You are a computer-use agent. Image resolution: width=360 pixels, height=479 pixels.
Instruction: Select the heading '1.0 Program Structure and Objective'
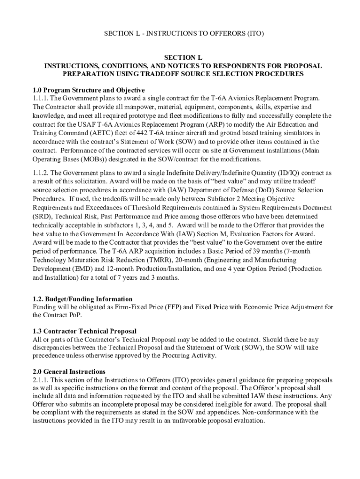tap(89, 90)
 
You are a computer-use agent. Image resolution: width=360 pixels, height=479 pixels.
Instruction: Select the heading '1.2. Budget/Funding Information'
tap(83, 299)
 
